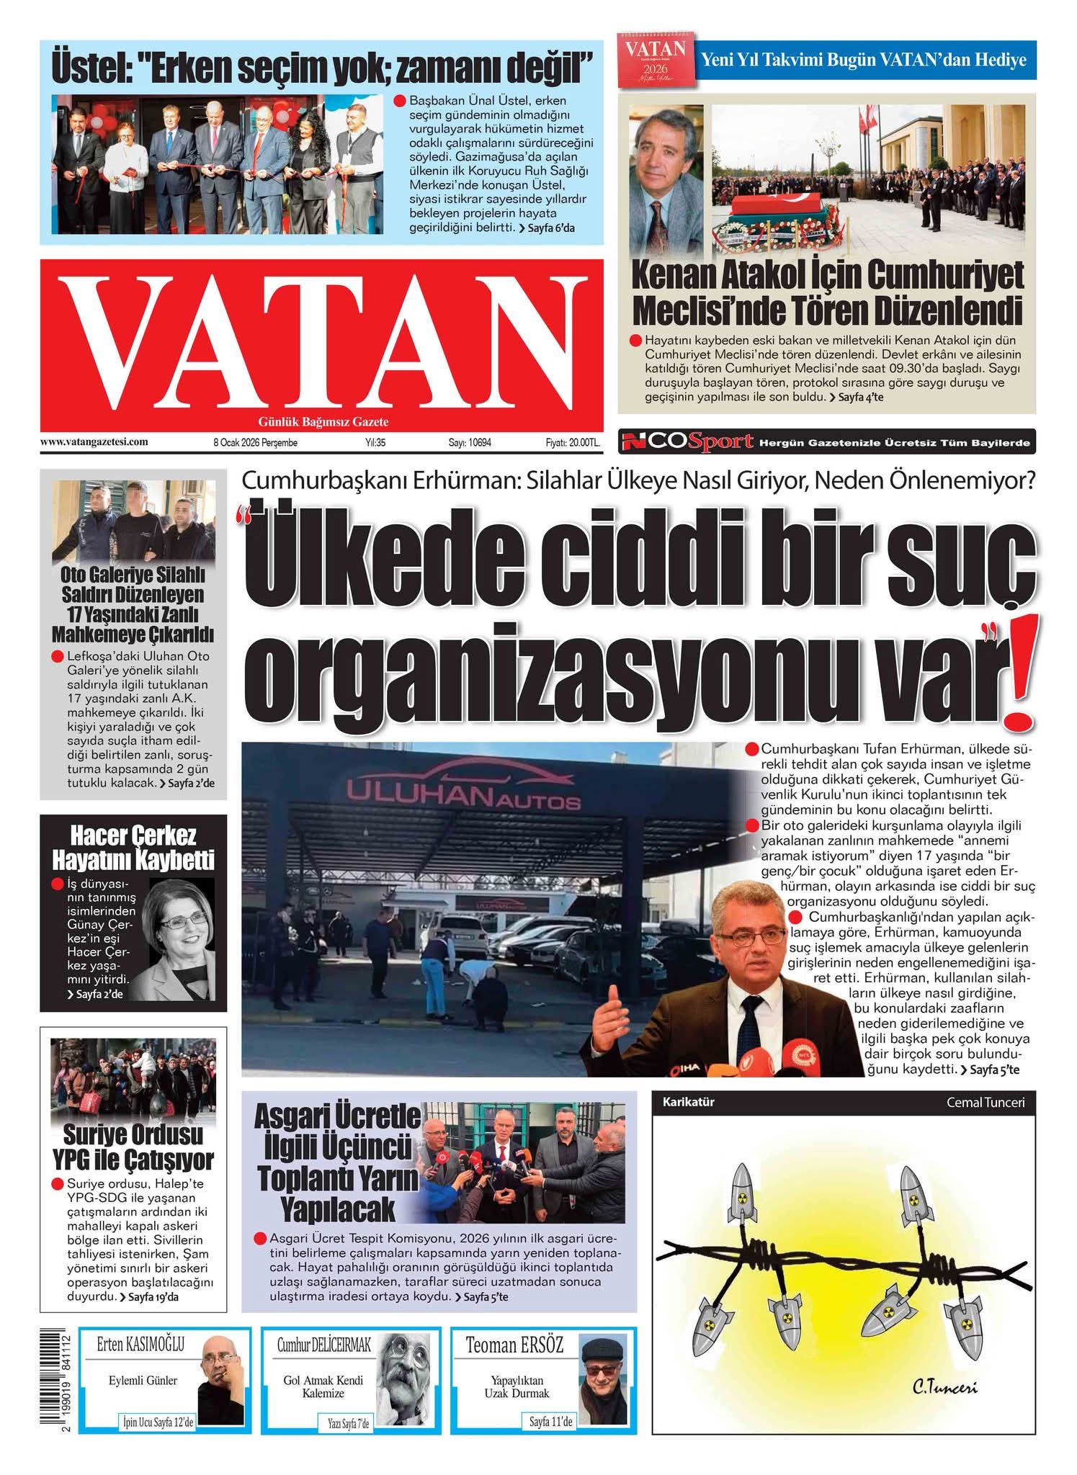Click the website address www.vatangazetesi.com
point(94,442)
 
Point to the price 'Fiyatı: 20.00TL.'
point(572,443)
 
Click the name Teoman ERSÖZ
point(514,1345)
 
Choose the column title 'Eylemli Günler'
point(143,1380)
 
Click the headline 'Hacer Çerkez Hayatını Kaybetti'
point(133,848)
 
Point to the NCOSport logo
point(689,441)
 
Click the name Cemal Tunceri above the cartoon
point(985,1102)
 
